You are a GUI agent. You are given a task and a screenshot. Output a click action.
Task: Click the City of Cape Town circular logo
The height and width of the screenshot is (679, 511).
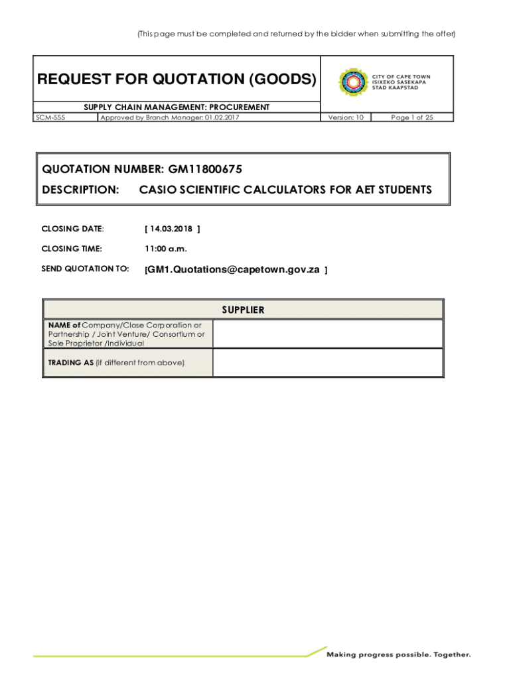(x=352, y=82)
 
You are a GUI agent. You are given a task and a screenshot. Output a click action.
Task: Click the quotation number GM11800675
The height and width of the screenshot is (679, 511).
(x=200, y=170)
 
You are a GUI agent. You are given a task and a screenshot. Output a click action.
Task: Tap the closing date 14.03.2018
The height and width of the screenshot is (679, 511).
(x=171, y=229)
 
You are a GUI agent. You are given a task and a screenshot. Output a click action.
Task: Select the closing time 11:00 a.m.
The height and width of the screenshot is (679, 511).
(x=166, y=249)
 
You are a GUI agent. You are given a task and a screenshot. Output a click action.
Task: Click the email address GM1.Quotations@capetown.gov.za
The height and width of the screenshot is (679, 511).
(x=234, y=270)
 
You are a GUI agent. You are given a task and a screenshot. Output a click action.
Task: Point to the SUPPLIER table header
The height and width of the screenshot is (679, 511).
(x=243, y=310)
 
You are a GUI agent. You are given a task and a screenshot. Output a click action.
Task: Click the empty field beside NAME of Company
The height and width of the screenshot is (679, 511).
(x=327, y=334)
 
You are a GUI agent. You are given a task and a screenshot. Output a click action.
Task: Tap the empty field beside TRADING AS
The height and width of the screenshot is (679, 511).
(x=327, y=363)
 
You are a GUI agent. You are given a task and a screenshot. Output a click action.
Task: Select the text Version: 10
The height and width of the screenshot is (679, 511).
(x=346, y=117)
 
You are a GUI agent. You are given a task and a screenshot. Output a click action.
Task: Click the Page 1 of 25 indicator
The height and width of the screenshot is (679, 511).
(x=411, y=117)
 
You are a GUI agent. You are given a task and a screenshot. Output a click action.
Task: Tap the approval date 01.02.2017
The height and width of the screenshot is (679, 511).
(x=223, y=117)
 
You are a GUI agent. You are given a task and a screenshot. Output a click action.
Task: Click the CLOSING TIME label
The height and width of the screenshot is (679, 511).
(x=72, y=249)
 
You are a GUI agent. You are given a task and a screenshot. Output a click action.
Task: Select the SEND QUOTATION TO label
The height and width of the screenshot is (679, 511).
(x=85, y=269)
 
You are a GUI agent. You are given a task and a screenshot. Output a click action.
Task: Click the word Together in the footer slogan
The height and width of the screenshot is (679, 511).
(x=453, y=654)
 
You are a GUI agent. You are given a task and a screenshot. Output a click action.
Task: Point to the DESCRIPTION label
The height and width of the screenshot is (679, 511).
(x=80, y=190)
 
